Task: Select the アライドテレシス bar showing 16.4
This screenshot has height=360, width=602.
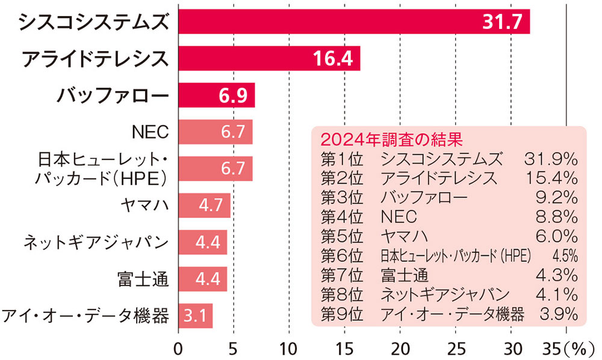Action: click(x=269, y=58)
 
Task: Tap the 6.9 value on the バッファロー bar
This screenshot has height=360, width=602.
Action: click(x=232, y=96)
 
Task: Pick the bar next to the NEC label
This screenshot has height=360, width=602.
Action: click(x=215, y=132)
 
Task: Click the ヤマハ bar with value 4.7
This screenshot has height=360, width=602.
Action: click(x=204, y=206)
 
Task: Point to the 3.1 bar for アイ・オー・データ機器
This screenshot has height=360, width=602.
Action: click(x=195, y=316)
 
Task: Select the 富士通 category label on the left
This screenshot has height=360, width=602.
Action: click(x=143, y=279)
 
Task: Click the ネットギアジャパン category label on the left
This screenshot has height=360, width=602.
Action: click(x=95, y=243)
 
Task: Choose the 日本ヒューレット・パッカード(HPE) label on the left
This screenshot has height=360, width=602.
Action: click(x=102, y=169)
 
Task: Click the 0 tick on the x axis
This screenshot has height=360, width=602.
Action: click(x=178, y=348)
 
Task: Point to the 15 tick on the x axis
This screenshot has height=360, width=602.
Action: click(x=344, y=348)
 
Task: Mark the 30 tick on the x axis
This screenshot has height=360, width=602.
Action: click(x=511, y=348)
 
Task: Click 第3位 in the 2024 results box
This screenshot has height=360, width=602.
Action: click(x=342, y=197)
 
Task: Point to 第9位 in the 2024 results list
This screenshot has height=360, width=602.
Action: click(x=342, y=314)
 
